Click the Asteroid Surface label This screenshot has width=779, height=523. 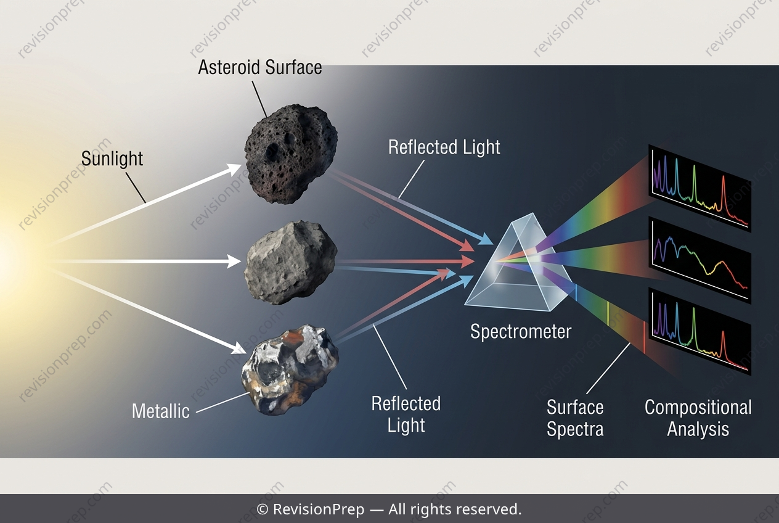[260, 67]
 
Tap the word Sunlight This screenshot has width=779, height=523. [112, 159]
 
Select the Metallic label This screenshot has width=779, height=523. [161, 411]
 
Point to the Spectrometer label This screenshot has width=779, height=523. [521, 332]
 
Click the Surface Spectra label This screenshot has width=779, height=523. [575, 418]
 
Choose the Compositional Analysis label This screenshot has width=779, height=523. [698, 418]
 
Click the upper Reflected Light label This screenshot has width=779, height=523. [444, 147]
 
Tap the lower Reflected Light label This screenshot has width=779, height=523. [406, 414]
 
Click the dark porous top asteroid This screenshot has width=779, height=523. [291, 154]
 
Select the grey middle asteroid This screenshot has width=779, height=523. [290, 262]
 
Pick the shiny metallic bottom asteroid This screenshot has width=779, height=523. [290, 369]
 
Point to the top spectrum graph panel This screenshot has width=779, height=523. [699, 188]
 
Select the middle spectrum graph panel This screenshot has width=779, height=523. [699, 260]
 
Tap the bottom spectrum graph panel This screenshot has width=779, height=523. [699, 331]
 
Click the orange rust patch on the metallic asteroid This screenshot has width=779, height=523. [292, 337]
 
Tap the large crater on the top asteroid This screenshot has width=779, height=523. [272, 152]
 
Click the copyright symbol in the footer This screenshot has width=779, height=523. [262, 509]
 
